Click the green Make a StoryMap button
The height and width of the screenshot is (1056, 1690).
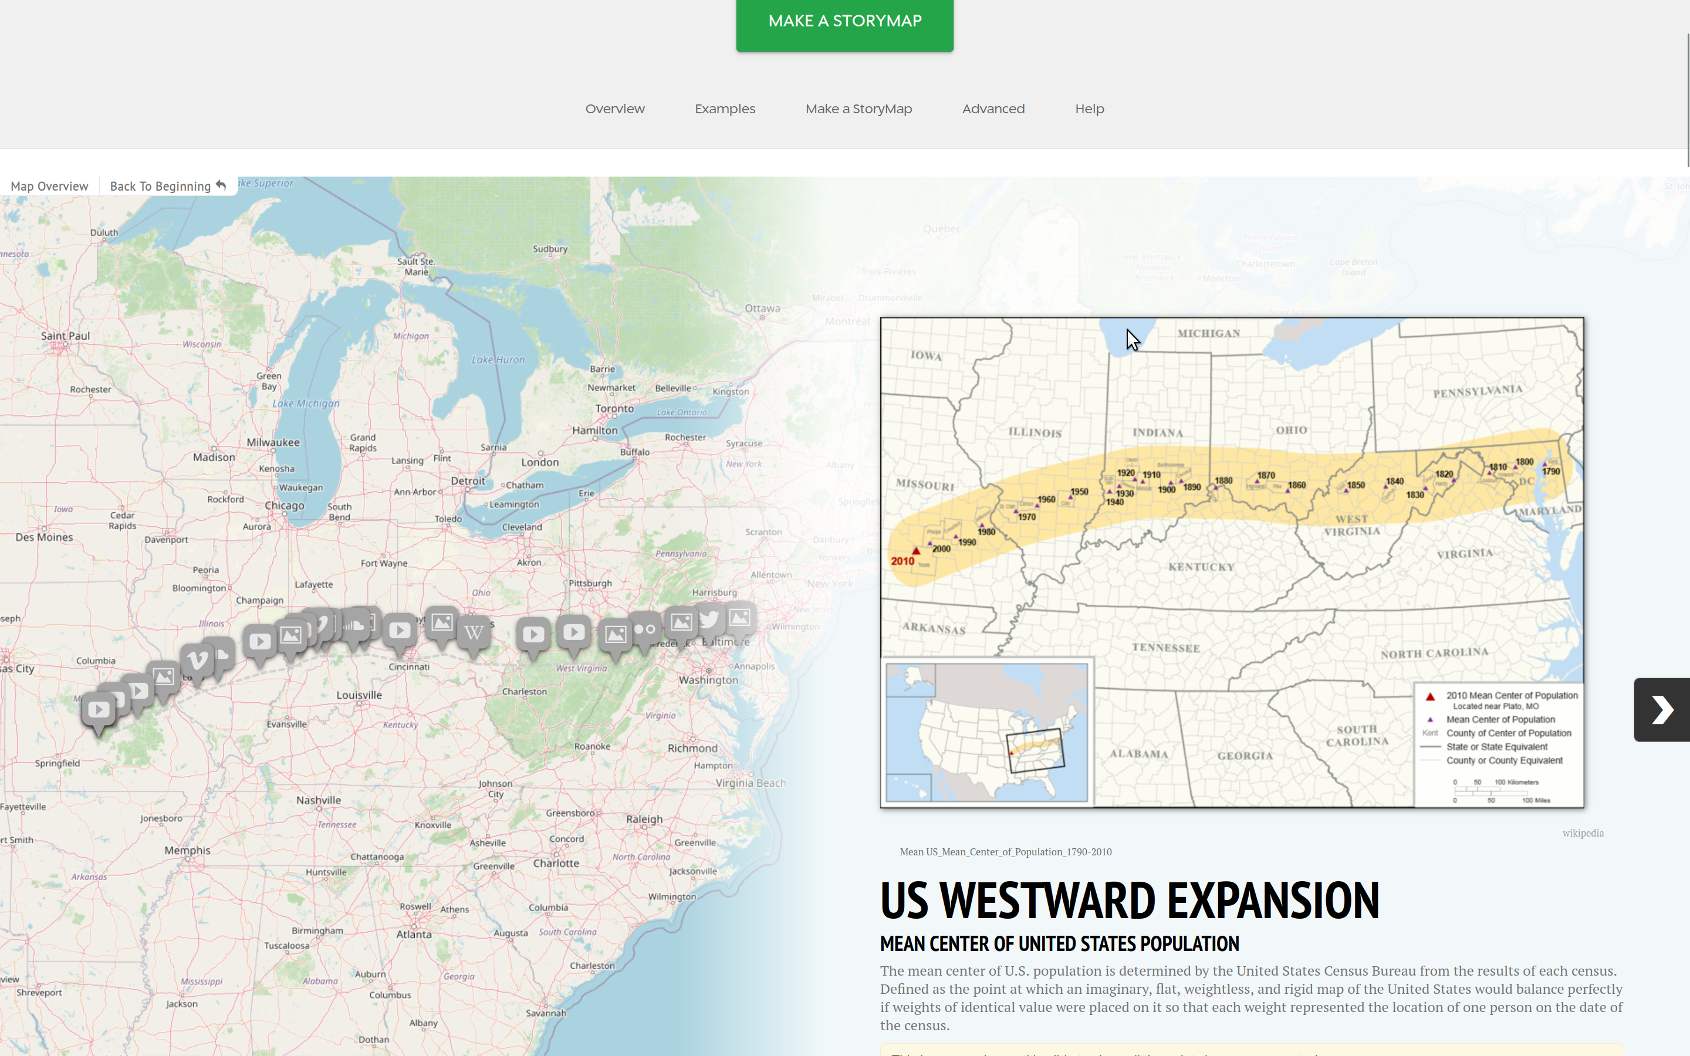[x=844, y=22]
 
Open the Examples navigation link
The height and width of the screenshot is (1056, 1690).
[x=724, y=109]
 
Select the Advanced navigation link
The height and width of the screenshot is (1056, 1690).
[x=993, y=109]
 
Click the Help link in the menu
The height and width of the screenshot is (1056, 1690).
[x=1089, y=109]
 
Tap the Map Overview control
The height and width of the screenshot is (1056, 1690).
[x=49, y=187]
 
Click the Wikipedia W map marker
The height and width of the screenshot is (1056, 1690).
[x=474, y=633]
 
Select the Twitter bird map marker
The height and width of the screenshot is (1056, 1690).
[x=709, y=620]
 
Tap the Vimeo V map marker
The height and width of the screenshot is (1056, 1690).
[x=198, y=659]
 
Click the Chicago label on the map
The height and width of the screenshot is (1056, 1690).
[x=284, y=506]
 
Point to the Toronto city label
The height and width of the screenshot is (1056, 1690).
[x=614, y=408]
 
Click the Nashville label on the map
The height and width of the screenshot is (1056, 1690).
[x=319, y=800]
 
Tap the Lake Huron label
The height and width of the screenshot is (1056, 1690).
[x=498, y=360]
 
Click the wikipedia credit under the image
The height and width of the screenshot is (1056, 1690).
[x=1583, y=832]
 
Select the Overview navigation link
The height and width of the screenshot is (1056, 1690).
[x=614, y=109]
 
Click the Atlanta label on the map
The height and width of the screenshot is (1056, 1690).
[x=414, y=935]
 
